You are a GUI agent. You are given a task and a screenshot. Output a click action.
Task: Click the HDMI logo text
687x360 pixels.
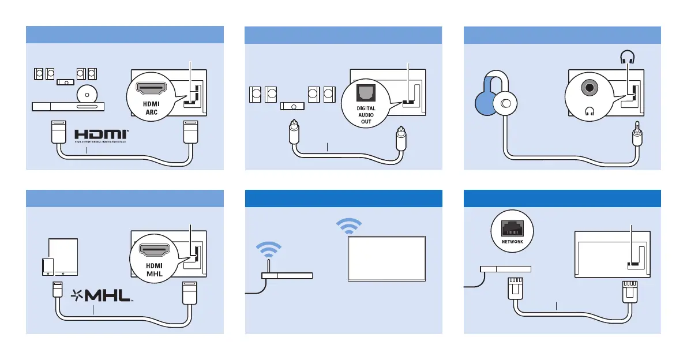100,135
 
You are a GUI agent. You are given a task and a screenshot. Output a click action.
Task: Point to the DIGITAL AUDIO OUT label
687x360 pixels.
366,115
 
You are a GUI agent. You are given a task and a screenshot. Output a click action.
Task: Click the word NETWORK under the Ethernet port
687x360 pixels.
512,242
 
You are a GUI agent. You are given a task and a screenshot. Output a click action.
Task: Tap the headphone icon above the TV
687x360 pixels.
627,58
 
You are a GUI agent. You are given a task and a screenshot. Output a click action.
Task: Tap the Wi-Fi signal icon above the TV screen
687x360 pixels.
350,226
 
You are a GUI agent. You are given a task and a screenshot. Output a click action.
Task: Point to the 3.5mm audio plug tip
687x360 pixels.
637,124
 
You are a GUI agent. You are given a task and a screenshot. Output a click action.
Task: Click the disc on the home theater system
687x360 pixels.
86,93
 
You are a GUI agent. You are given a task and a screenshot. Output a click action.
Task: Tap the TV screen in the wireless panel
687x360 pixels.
386,258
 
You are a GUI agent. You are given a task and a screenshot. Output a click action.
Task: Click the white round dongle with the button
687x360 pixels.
506,104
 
